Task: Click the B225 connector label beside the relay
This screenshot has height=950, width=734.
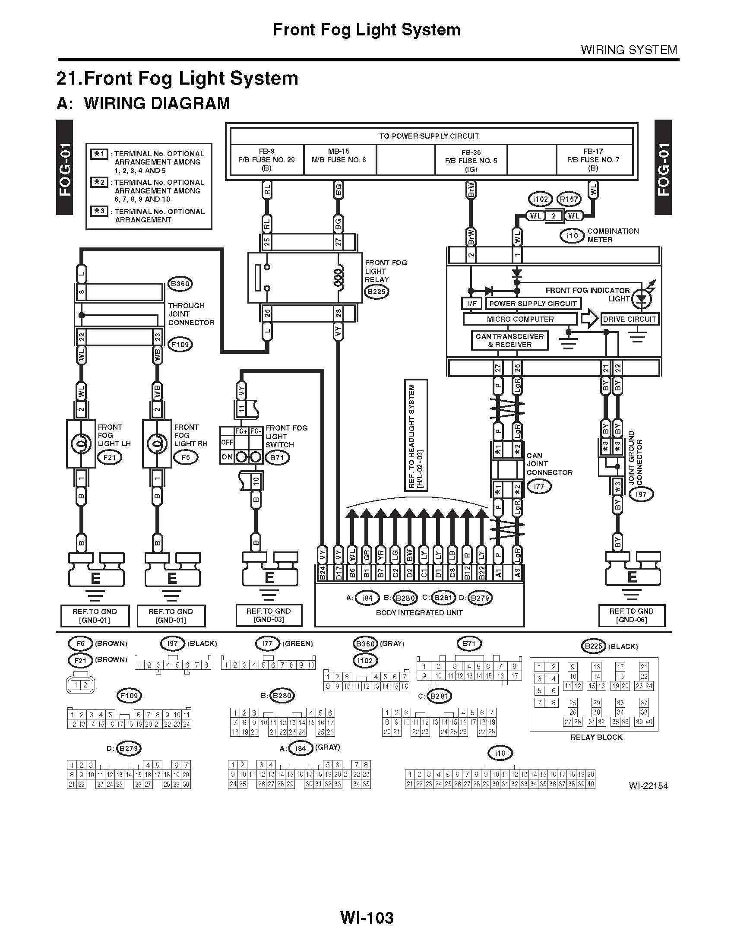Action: (x=376, y=291)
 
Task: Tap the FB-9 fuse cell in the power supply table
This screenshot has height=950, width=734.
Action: (x=266, y=160)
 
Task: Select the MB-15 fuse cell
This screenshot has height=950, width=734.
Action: (x=339, y=157)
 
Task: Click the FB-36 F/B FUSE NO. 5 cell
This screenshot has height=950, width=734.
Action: (x=471, y=160)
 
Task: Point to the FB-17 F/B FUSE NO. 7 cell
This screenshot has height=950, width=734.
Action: (x=593, y=160)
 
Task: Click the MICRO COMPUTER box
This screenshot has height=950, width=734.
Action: (x=520, y=319)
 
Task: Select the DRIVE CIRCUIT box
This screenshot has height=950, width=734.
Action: (x=629, y=319)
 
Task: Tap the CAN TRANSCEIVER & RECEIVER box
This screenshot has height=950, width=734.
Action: (x=509, y=340)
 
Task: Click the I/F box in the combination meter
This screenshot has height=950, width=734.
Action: (x=472, y=304)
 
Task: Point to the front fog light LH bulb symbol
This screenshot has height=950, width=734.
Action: (x=81, y=443)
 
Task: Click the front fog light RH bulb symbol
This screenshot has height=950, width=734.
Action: (x=157, y=443)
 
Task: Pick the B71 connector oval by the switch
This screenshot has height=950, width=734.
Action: (x=277, y=458)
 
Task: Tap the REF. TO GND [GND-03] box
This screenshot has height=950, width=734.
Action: (x=268, y=615)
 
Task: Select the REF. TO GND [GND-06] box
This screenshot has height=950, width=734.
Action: (x=631, y=615)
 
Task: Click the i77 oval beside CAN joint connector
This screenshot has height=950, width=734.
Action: (x=539, y=486)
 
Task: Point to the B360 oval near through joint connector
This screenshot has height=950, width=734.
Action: (x=180, y=284)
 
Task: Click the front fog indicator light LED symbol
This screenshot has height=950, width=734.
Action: (x=641, y=298)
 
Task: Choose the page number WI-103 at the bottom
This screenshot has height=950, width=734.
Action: (x=367, y=918)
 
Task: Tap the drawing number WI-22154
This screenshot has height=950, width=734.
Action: (x=648, y=785)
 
